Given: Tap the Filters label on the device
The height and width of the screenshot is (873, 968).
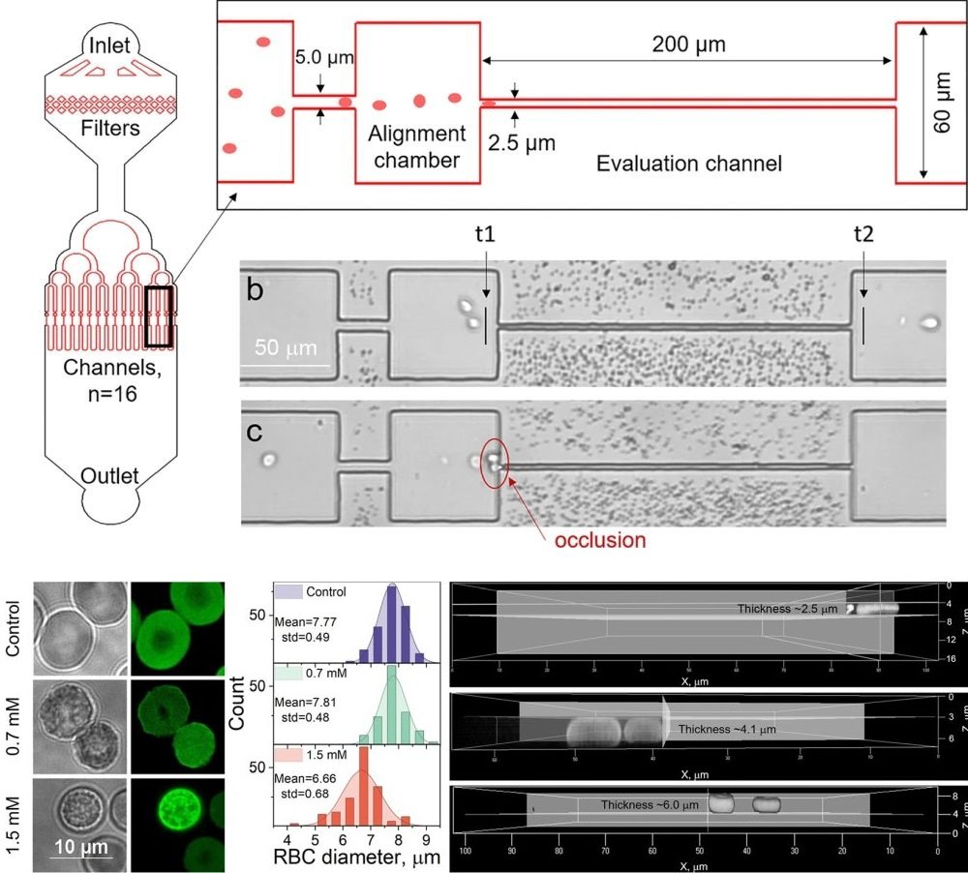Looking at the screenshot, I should (111, 128).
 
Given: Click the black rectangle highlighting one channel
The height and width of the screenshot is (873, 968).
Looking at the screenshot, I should (159, 316).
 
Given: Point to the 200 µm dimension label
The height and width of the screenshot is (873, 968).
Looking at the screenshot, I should (687, 44).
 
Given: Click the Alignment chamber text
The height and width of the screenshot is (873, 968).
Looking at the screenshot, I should (419, 146).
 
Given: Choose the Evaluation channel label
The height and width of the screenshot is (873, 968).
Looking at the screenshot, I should (688, 163).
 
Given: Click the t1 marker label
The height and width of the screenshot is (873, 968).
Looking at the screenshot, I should (485, 235).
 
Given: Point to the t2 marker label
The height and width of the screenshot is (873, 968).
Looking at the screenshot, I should (862, 235).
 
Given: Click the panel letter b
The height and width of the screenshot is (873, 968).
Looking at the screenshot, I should (256, 290).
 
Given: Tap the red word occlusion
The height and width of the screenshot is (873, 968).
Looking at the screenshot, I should (599, 539).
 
